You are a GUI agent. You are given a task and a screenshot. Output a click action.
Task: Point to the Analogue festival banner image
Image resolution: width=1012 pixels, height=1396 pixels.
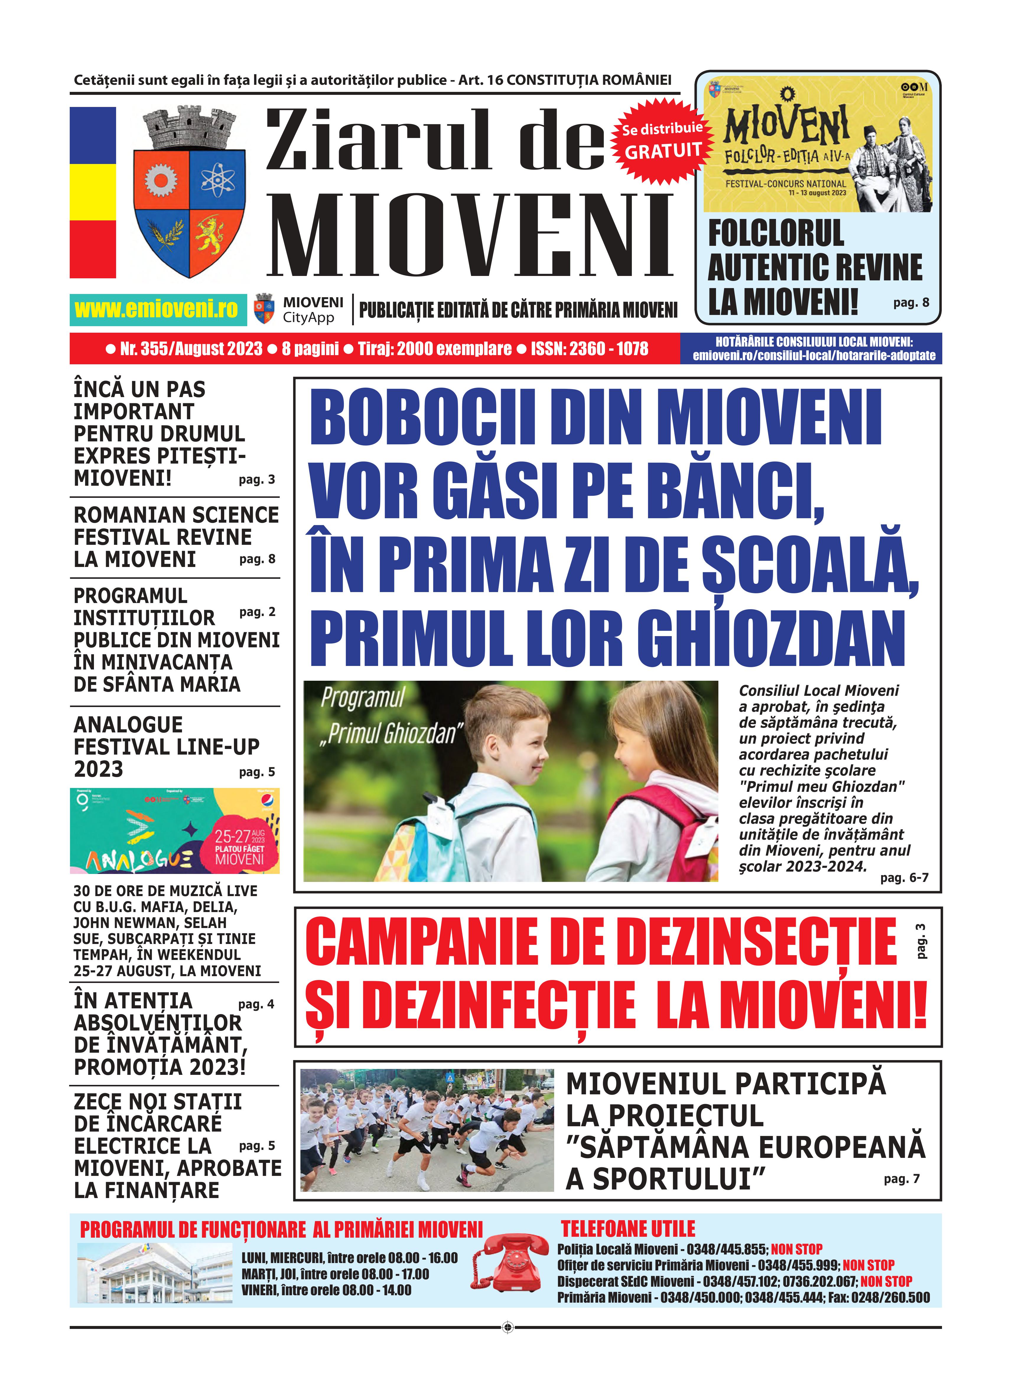(x=175, y=830)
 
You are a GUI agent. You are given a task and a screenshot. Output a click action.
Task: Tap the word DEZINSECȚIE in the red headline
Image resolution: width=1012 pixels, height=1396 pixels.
(x=722, y=942)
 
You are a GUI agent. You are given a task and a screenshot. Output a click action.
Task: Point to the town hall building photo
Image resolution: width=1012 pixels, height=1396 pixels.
(x=155, y=1272)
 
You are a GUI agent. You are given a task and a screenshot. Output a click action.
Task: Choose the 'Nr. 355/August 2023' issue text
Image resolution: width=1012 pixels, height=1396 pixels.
(x=191, y=349)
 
